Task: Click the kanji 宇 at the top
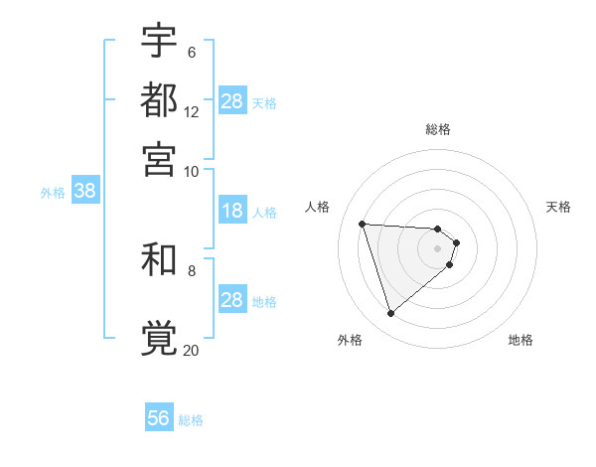coord(159,41)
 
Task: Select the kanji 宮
coord(159,159)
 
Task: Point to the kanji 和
coord(159,259)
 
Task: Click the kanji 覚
coord(159,337)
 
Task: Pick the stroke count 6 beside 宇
coord(191,53)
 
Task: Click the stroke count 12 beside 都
coord(192,112)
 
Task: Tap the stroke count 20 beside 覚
coord(192,349)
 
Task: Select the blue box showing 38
coord(84,192)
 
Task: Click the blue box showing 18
coord(232,211)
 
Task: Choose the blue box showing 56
coord(158,418)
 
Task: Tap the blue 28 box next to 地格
coord(232,300)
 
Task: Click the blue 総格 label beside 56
coord(192,420)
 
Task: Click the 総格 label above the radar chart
coord(438,129)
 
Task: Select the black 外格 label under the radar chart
coord(350,340)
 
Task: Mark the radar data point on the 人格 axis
coord(363,224)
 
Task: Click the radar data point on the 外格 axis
coord(390,314)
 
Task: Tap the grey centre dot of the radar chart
coord(438,247)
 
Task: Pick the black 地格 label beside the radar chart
coord(521,340)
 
